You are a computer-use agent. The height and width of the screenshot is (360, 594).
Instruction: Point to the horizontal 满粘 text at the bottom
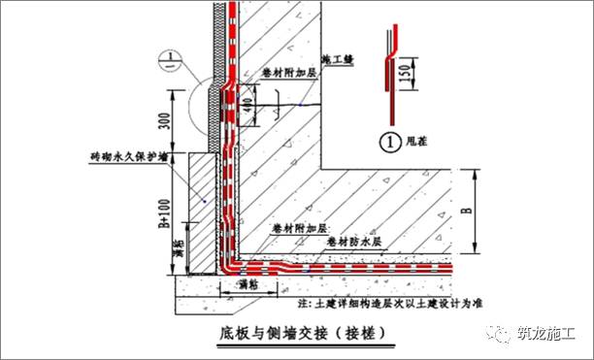click(248, 285)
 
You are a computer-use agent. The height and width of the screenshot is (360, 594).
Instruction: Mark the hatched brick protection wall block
click(201, 213)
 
